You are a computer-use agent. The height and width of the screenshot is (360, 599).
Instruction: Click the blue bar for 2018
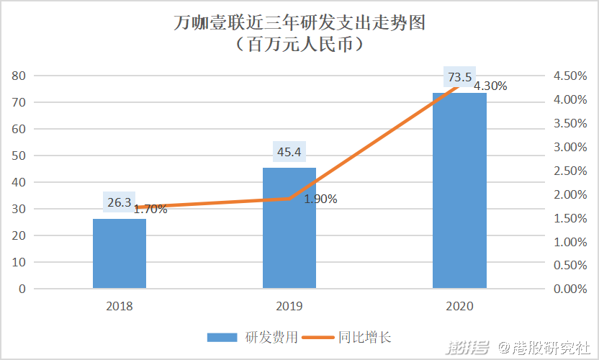(120, 253)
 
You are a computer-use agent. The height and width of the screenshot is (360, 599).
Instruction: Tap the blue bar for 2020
(459, 190)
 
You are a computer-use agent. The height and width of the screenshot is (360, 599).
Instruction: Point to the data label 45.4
(289, 152)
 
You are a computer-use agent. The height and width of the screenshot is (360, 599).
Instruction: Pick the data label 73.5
(459, 77)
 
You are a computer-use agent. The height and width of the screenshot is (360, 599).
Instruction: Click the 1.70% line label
(150, 210)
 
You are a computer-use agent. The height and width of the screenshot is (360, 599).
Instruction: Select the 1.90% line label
(320, 199)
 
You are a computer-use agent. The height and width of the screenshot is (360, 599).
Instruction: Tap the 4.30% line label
(490, 86)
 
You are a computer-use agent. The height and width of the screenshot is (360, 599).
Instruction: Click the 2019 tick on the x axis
(289, 306)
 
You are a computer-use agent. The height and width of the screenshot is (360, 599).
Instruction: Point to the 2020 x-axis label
(459, 306)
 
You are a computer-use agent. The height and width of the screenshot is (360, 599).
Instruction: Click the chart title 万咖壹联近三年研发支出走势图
(299, 23)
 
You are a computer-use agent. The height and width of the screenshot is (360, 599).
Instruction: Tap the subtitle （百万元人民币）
(299, 45)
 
